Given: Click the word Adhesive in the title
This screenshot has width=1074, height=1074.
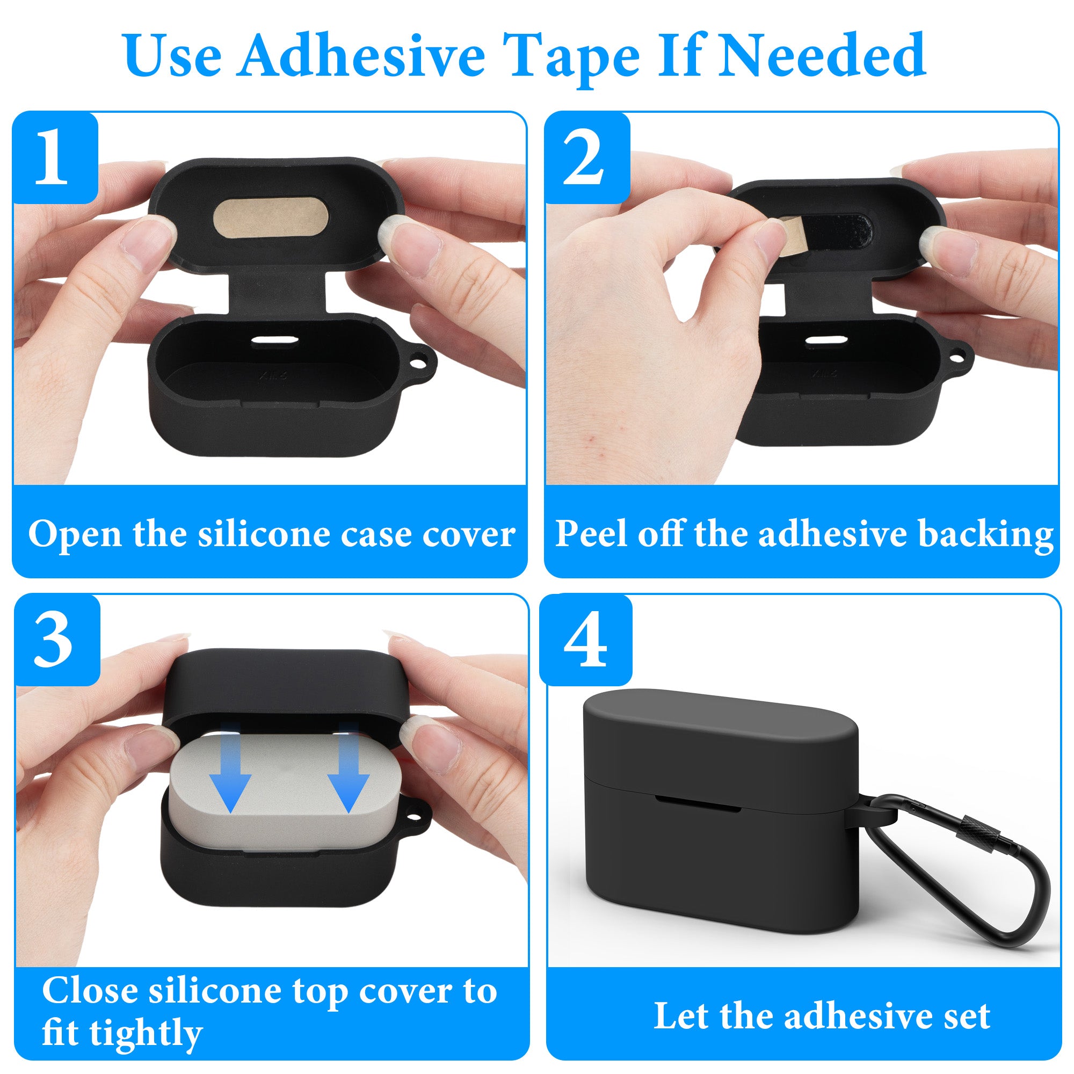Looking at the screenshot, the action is [x=362, y=56].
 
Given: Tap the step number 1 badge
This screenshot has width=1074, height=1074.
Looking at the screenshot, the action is [x=55, y=157].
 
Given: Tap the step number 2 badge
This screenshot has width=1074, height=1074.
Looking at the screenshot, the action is [x=587, y=158].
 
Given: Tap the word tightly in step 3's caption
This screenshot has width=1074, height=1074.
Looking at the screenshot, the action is [x=146, y=1033].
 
